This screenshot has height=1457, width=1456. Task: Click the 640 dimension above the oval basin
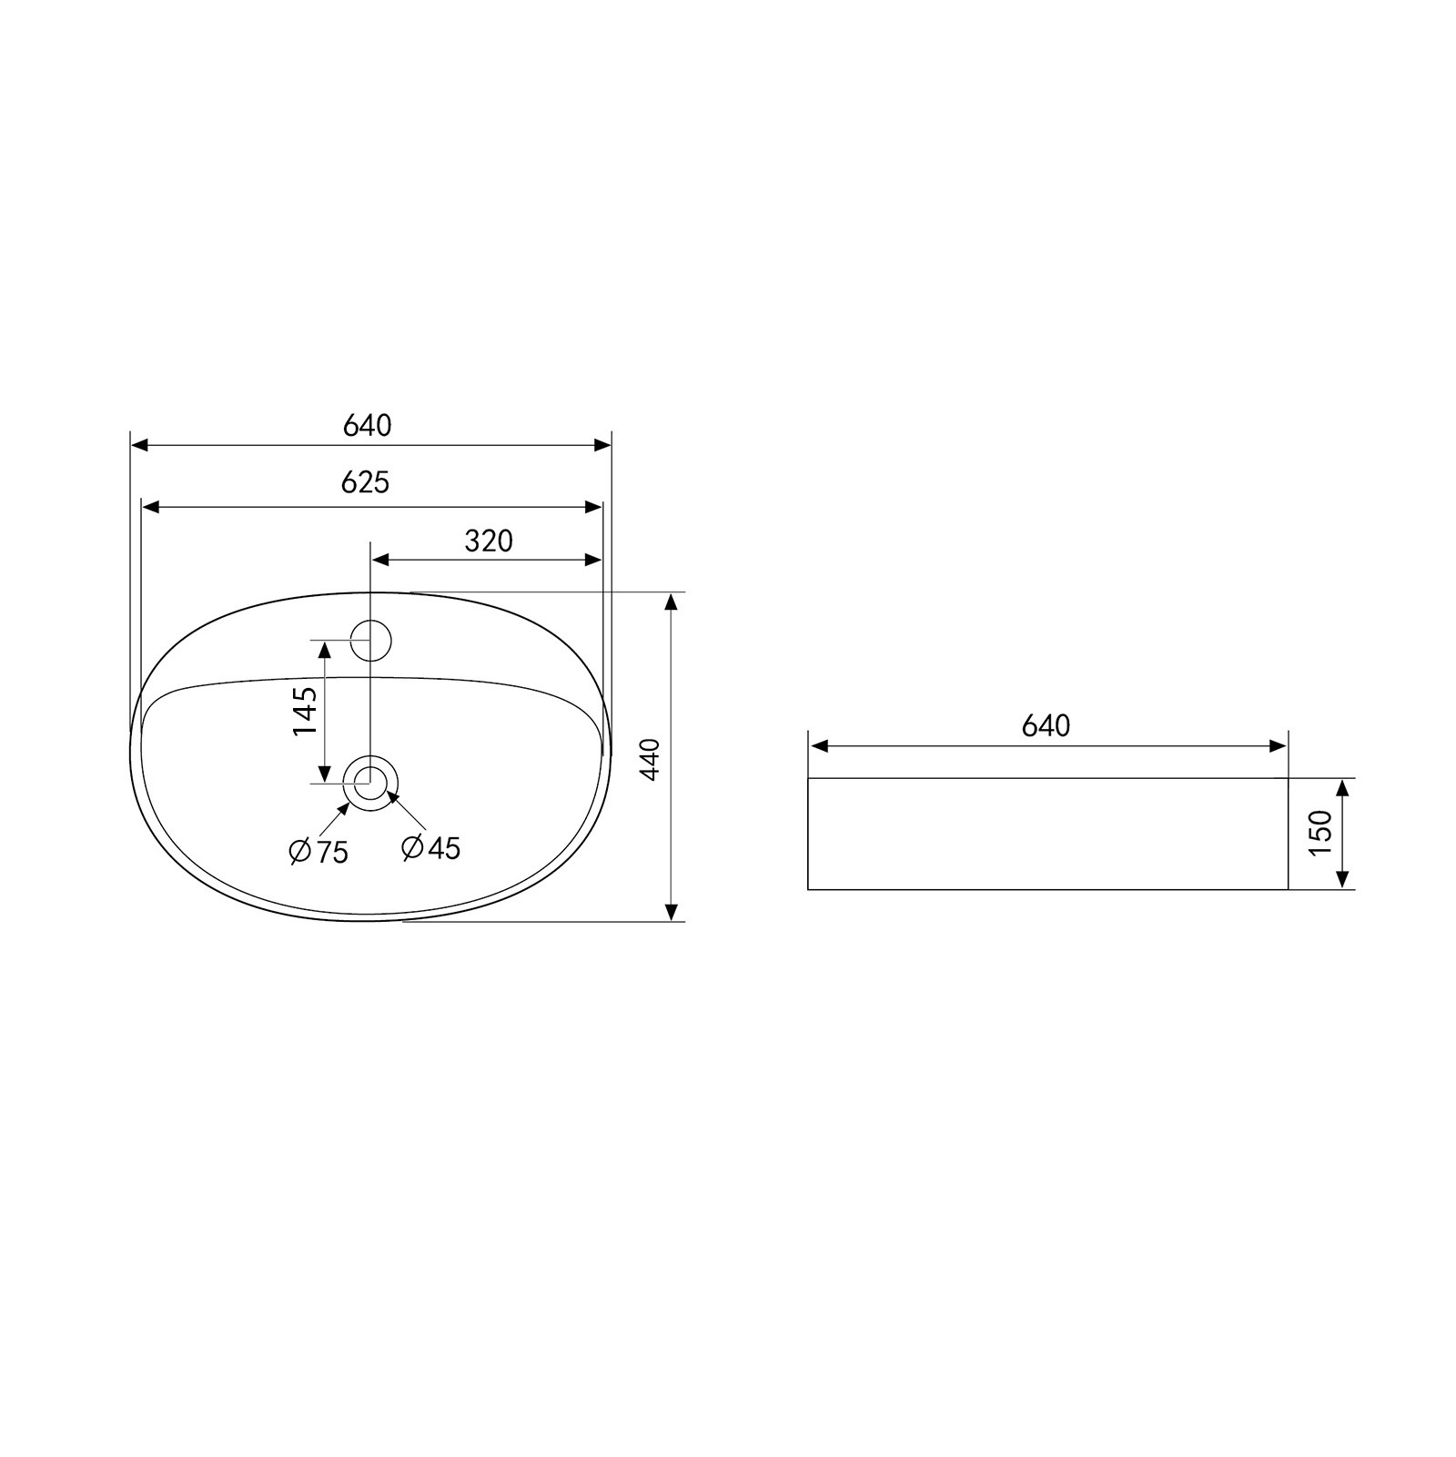tap(367, 425)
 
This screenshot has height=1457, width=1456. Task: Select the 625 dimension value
tap(365, 482)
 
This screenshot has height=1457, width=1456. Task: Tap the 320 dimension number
tap(489, 541)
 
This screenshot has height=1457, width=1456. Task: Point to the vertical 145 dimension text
tap(305, 712)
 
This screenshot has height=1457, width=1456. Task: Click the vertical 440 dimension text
tap(650, 758)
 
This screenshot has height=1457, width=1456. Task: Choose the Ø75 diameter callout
tap(318, 852)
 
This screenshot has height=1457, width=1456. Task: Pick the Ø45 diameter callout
tap(431, 848)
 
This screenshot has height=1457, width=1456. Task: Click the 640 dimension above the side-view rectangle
tap(1046, 726)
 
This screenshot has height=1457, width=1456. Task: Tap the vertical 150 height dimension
tap(1320, 832)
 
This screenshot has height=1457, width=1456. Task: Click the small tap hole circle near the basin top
tap(371, 640)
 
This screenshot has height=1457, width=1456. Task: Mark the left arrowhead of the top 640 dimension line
tap(140, 445)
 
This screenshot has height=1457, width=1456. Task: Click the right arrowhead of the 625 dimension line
tap(593, 507)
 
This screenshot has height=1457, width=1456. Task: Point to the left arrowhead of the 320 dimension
tap(381, 560)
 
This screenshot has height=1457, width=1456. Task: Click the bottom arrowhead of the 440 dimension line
tap(671, 912)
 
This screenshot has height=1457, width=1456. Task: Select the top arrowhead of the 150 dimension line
tap(1342, 788)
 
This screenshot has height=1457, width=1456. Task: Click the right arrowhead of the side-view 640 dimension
tap(1278, 747)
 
